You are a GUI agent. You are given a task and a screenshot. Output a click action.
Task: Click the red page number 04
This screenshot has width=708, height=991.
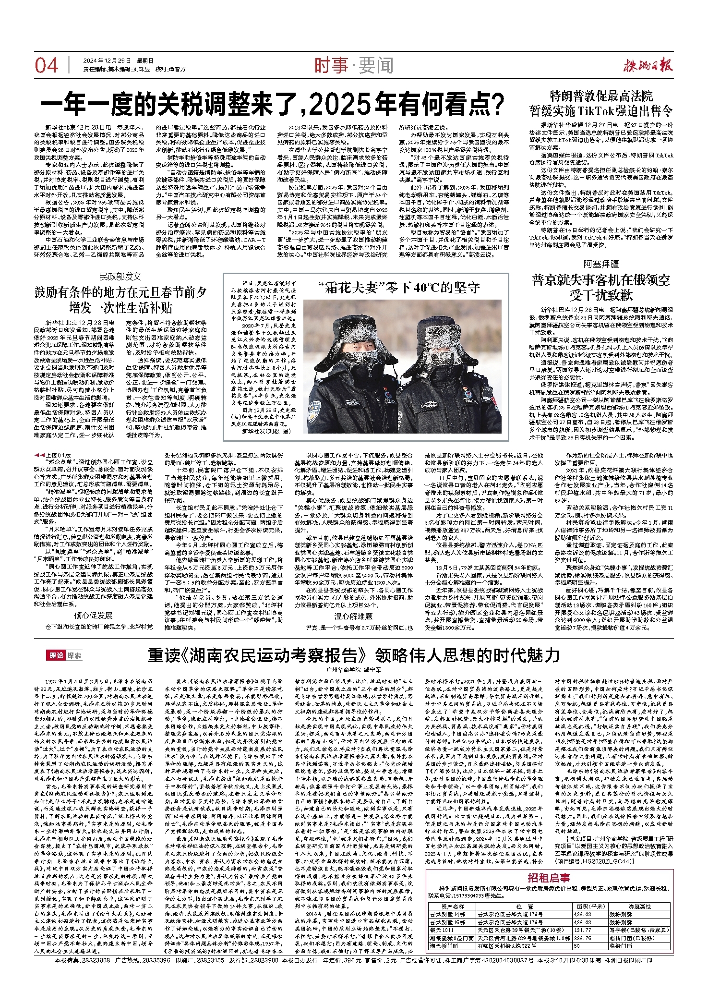(x=47, y=65)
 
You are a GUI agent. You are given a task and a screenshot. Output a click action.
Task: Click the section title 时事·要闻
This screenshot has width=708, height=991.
(x=354, y=65)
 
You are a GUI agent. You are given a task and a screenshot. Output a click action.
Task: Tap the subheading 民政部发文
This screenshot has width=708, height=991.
(x=120, y=277)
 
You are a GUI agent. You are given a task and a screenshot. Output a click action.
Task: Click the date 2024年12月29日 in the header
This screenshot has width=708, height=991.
(x=107, y=61)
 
